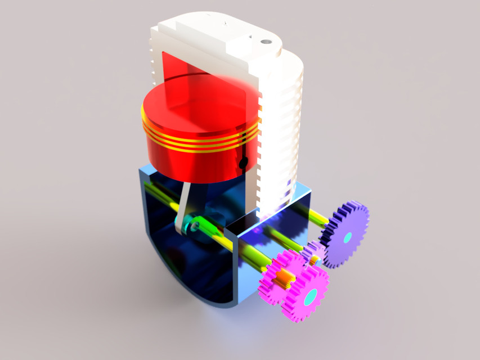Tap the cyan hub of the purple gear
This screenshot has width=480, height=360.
tap(346, 236)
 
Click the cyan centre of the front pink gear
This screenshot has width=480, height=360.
tap(309, 296)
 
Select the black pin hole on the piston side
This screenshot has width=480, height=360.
tap(243, 163)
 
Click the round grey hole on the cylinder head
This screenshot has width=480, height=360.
tap(263, 42)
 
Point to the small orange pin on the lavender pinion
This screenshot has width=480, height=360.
tap(315, 260)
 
